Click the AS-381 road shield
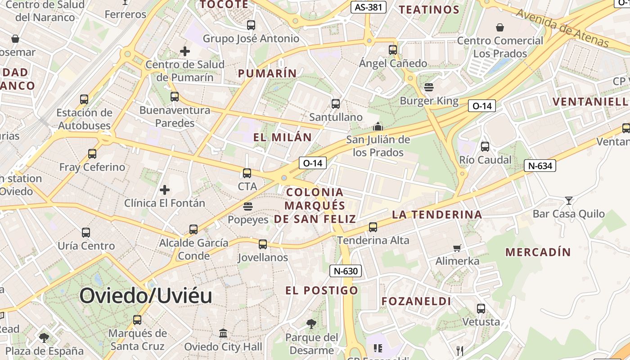pyautogui.click(x=368, y=7)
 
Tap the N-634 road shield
pyautogui.click(x=540, y=166)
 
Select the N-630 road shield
pyautogui.click(x=346, y=271)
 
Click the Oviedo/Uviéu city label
pyautogui.click(x=145, y=296)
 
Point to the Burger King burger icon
pyautogui.click(x=428, y=87)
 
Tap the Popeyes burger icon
pyautogui.click(x=247, y=207)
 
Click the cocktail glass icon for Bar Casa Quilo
pyautogui.click(x=569, y=200)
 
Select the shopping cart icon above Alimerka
pyautogui.click(x=457, y=248)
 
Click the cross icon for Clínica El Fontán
pyautogui.click(x=165, y=190)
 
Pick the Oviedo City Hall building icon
pyautogui.click(x=223, y=333)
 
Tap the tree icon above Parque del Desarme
pyautogui.click(x=311, y=324)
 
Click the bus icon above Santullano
pyautogui.click(x=336, y=104)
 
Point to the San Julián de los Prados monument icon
pyautogui.click(x=378, y=126)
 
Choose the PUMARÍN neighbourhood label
pyautogui.click(x=267, y=73)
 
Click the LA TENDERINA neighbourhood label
pyautogui.click(x=437, y=214)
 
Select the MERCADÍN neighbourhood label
pyautogui.click(x=538, y=252)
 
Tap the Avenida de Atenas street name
pyautogui.click(x=562, y=28)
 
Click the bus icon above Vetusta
pyautogui.click(x=481, y=309)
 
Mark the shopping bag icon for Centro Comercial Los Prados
pyautogui.click(x=500, y=28)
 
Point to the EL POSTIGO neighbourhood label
pyautogui.click(x=322, y=290)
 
